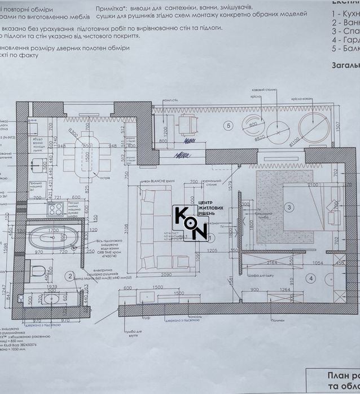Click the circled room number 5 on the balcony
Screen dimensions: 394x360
(x=229, y=126)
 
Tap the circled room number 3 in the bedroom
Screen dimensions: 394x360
(x=289, y=207)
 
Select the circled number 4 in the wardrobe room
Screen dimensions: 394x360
(x=310, y=278)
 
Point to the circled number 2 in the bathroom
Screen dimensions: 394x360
(x=69, y=276)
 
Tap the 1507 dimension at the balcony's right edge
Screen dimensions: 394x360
(x=337, y=125)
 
